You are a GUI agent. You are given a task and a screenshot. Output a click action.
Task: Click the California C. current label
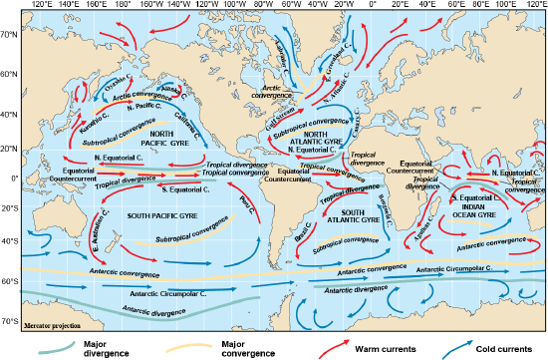[211, 121]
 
